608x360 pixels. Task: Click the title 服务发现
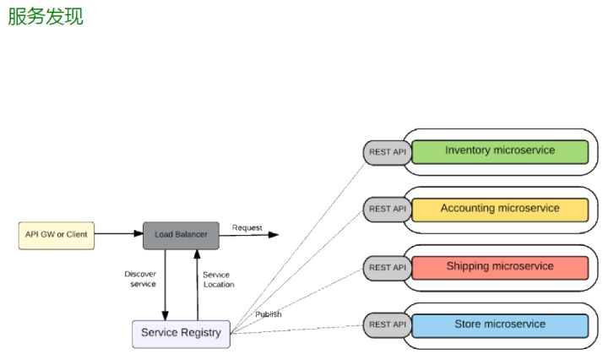coord(46,17)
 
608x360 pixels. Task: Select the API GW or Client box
coord(57,234)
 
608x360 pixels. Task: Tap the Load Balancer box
coord(181,234)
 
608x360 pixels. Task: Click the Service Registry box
coord(181,333)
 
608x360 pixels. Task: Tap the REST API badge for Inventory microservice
coord(387,152)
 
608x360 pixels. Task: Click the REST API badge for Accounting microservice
coord(387,209)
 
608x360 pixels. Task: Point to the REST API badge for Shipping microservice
coord(387,268)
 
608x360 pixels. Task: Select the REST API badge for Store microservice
coord(387,325)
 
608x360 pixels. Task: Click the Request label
coord(247,227)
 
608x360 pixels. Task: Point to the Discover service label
coord(140,279)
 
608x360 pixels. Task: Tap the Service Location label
coord(218,280)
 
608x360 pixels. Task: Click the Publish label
coord(269,314)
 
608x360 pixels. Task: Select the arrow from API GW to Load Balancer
coord(118,234)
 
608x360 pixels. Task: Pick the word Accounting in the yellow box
coord(467,209)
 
